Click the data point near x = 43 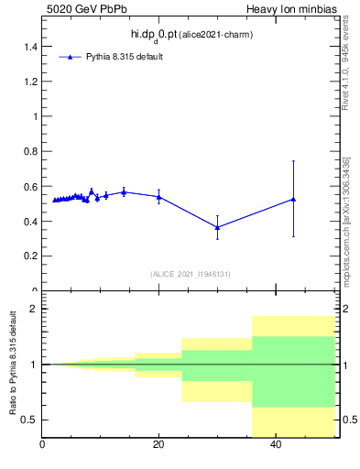(293, 199)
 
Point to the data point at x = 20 (159, 196)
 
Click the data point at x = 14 (124, 191)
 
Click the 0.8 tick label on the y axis (31, 151)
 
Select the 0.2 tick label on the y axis (31, 256)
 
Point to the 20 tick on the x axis (158, 445)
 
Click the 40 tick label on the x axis (276, 445)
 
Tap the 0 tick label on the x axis (42, 445)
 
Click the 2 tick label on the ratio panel (34, 309)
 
